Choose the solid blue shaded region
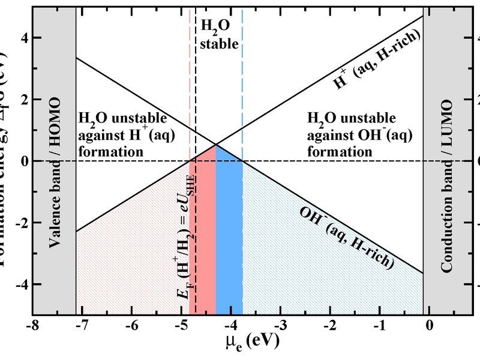(x=229, y=234)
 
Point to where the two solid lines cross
(x=215, y=145)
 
